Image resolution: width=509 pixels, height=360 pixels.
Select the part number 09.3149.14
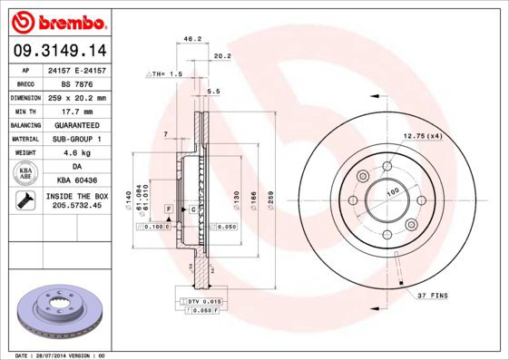57,51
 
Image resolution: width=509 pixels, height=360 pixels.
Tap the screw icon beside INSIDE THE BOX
24,201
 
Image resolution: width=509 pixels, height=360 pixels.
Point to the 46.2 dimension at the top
191,40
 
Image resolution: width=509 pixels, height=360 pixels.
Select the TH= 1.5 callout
165,73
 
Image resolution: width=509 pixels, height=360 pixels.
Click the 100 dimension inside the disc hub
393,191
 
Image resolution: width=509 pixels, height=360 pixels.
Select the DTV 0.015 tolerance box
204,300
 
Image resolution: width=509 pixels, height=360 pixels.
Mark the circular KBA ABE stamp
25,173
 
